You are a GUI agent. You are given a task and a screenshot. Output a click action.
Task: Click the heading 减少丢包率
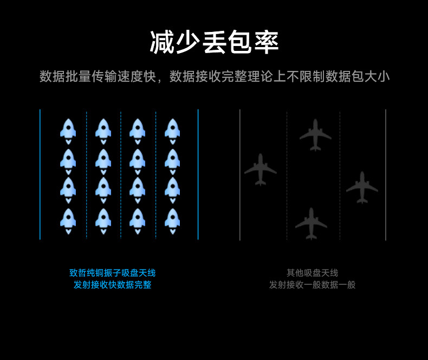coord(214,42)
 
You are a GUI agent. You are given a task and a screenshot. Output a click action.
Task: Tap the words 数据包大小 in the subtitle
coord(357,76)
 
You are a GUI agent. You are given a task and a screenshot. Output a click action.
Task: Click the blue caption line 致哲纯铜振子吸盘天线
coord(112,273)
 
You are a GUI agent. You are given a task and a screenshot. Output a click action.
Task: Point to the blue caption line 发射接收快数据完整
coord(112,285)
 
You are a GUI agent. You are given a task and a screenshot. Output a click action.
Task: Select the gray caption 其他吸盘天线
coord(312,273)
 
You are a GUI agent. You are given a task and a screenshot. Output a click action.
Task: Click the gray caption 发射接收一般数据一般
coord(312,285)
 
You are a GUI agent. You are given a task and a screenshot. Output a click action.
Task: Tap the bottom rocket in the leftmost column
coord(68,220)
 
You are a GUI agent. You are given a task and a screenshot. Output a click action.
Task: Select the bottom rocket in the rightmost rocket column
coord(172,220)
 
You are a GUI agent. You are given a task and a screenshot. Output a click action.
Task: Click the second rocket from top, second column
coord(103,161)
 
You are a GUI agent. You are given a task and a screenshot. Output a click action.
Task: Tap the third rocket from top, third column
coord(138,190)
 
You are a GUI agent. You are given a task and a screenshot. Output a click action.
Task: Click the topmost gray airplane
coord(315,135)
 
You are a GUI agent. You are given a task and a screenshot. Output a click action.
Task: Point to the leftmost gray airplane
coord(261,169)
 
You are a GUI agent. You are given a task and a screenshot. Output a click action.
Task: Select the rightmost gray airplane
coord(362,187)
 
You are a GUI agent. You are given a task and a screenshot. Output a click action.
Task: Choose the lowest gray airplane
coord(311,222)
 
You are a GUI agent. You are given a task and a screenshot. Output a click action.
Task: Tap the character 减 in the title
coord(162,42)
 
